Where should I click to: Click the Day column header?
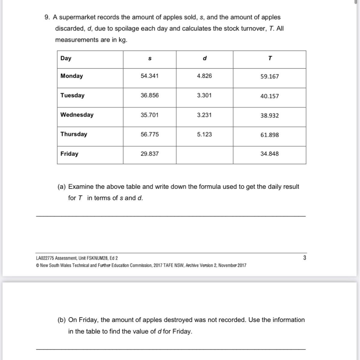pos(66,58)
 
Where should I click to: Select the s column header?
pos(150,58)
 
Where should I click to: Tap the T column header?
pos(270,58)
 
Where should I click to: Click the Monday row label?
pos(71,76)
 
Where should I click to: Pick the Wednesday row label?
pos(77,115)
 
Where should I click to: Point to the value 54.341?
pos(150,76)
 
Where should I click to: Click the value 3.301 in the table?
pos(204,95)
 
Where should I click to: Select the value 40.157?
pos(269,96)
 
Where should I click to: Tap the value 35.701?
pos(150,115)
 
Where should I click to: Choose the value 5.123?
pos(204,134)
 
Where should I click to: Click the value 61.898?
pos(269,135)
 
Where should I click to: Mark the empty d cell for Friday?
pos(204,155)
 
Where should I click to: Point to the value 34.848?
pos(269,154)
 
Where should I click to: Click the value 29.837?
pos(150,154)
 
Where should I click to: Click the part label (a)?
pos(61,187)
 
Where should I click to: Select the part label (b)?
pos(61,320)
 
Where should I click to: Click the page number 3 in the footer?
pos(304,258)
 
